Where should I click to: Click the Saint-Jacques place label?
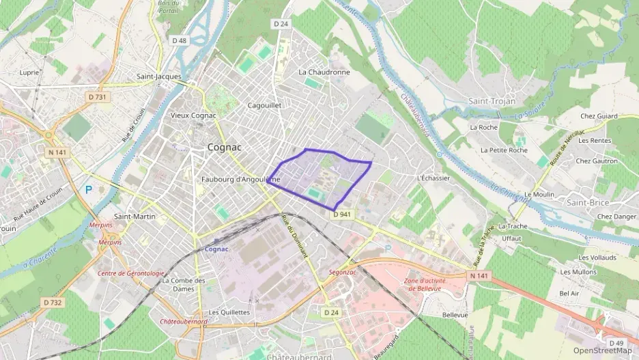click(x=159, y=77)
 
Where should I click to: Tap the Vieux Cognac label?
click(x=193, y=115)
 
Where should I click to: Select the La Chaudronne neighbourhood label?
click(x=324, y=72)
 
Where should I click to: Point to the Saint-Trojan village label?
click(x=492, y=101)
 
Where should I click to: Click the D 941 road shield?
click(x=343, y=214)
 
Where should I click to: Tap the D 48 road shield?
click(x=180, y=40)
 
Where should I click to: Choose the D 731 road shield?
click(x=98, y=97)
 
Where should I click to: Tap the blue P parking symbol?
click(x=88, y=189)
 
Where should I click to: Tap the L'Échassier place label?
click(x=433, y=178)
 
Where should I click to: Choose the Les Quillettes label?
click(x=229, y=312)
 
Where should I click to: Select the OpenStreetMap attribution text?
click(x=602, y=351)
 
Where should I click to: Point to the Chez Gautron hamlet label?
click(x=597, y=161)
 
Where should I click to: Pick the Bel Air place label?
click(x=569, y=294)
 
